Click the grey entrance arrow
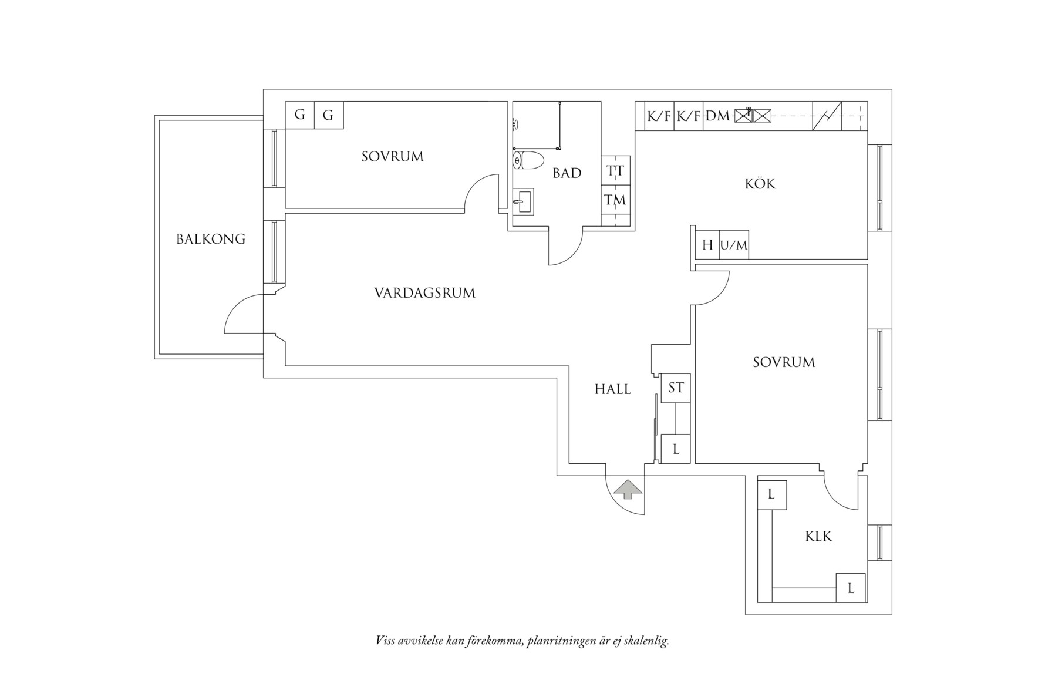tap(628, 489)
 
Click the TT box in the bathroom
tap(615, 171)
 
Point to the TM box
tap(615, 200)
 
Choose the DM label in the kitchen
tap(717, 116)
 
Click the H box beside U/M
tap(707, 245)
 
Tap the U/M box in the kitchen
tap(734, 245)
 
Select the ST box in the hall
tap(676, 388)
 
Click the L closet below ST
tap(676, 449)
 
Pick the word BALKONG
tap(211, 239)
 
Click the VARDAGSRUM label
tap(424, 292)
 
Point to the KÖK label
tap(760, 184)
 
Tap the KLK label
tap(818, 536)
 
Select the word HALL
tap(612, 389)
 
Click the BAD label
tap(567, 173)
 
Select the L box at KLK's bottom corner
tap(851, 588)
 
